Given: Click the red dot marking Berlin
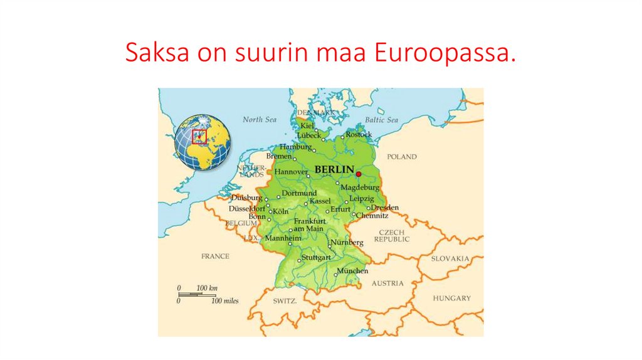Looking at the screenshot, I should tap(359, 174).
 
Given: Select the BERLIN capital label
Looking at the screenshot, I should tap(334, 170).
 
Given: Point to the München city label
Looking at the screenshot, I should tap(353, 271).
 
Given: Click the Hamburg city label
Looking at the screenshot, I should tap(295, 146).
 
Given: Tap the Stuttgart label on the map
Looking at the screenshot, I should tap(316, 258).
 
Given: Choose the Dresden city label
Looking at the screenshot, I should tap(385, 208).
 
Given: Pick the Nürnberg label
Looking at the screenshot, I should tap(347, 242).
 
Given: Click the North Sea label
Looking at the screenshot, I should tap(259, 119).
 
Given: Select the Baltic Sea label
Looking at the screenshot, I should tap(381, 120).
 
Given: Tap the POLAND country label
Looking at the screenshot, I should tap(402, 157).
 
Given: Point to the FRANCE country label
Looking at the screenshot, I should tap(215, 256).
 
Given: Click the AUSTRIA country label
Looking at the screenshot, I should tap(388, 283).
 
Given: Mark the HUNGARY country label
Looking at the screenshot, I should tap(451, 298).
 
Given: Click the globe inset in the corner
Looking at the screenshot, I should tap(203, 142).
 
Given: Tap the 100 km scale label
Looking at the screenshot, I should tap(207, 288).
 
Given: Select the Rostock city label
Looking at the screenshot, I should tap(359, 134).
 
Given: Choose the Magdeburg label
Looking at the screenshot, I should tap(360, 188).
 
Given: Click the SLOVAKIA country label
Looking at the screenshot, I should tap(450, 258).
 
